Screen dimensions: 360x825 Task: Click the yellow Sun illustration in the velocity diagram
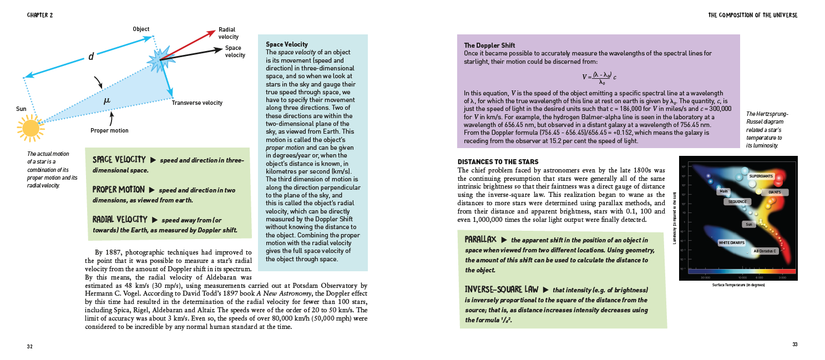click(x=31, y=127)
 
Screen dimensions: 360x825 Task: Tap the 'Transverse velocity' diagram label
click(x=197, y=103)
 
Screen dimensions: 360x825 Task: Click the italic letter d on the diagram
click(x=90, y=57)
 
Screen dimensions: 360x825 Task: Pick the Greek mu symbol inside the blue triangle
click(x=107, y=100)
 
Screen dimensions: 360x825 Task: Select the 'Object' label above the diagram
click(x=141, y=29)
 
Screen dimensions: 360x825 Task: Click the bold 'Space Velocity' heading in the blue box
click(x=287, y=44)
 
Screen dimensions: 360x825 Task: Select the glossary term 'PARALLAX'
click(x=480, y=239)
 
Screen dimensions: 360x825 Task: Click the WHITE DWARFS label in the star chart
click(x=731, y=243)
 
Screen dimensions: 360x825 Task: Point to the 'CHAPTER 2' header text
click(x=39, y=15)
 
